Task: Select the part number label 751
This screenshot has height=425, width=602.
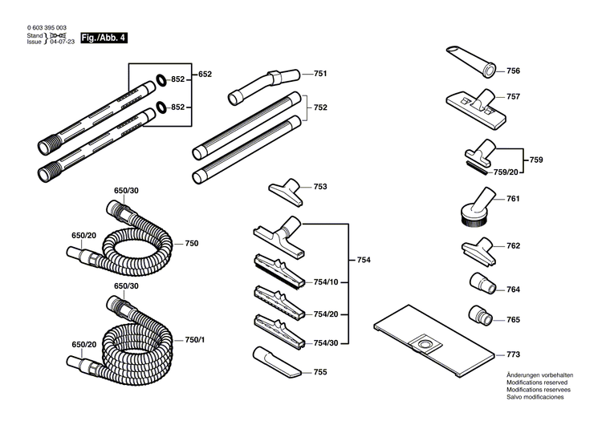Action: pyautogui.click(x=320, y=74)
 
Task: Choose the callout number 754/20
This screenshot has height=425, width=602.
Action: pyautogui.click(x=325, y=314)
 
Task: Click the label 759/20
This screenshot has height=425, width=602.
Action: pyautogui.click(x=506, y=171)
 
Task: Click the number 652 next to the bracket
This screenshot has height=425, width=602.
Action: pyautogui.click(x=205, y=74)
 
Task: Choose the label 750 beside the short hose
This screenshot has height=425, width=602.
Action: pyautogui.click(x=192, y=243)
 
